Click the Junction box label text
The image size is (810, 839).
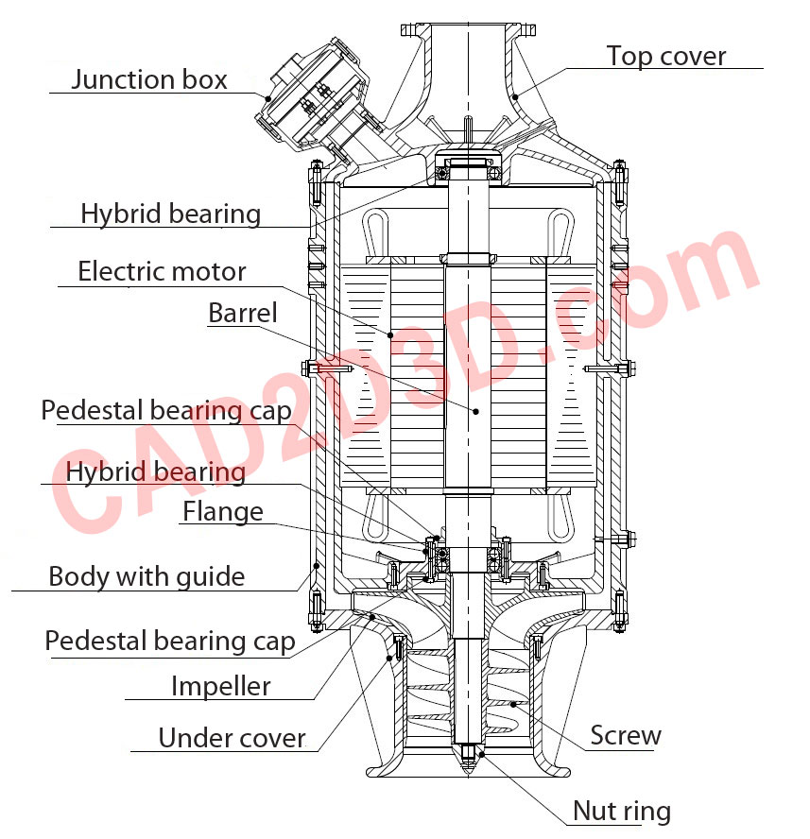tap(149, 79)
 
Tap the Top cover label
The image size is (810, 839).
tap(666, 56)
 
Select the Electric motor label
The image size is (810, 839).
tap(162, 272)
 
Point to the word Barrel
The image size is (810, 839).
tap(243, 313)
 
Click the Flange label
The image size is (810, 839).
tap(222, 512)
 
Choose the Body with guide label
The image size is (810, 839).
tap(146, 576)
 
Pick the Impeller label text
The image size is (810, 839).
tap(220, 686)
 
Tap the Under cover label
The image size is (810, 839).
tap(232, 738)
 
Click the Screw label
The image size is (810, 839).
tap(626, 735)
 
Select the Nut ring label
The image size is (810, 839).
tap(622, 811)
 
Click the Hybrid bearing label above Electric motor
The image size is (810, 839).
tap(170, 214)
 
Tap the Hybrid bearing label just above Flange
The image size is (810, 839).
tap(155, 471)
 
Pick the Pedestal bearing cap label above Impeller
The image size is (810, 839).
tap(170, 642)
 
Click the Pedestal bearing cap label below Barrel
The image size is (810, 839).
tap(166, 411)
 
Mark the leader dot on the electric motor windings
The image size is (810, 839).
tap(388, 334)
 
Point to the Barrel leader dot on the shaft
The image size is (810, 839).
tap(476, 411)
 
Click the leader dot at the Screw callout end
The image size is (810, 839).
tap(511, 703)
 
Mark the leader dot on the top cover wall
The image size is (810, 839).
tap(515, 95)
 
